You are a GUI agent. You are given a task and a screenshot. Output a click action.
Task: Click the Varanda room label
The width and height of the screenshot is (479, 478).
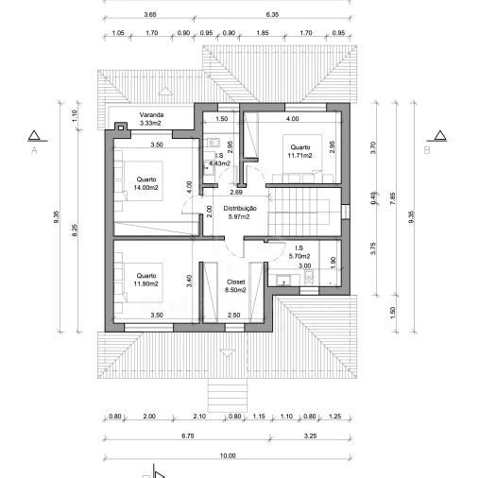[151, 115]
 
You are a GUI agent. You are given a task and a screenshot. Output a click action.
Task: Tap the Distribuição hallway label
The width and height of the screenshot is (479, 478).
[240, 209]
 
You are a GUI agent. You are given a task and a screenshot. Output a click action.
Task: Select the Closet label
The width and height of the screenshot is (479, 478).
[235, 282]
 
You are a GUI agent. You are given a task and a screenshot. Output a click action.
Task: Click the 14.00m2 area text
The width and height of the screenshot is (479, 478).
[145, 188]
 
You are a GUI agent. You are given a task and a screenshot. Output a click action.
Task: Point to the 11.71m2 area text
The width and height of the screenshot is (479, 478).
[299, 156]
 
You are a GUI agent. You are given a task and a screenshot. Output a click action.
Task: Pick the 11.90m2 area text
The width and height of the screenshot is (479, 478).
[145, 284]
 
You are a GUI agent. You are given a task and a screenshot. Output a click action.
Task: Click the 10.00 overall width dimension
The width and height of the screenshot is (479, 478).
[228, 455]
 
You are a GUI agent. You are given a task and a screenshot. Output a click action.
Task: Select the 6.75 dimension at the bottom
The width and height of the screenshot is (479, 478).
[188, 436]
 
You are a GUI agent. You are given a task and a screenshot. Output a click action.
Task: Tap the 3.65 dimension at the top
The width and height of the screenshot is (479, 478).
[150, 15]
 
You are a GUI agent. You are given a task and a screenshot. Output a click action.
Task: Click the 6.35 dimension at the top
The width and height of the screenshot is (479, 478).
[272, 15]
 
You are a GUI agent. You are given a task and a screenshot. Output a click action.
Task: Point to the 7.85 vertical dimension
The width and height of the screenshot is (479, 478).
[392, 198]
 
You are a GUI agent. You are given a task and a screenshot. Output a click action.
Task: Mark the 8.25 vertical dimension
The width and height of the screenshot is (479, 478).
[75, 230]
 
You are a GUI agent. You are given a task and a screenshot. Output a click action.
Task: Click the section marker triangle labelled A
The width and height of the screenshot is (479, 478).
[34, 136]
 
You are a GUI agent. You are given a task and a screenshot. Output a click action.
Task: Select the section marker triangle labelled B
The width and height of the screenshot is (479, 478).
[440, 136]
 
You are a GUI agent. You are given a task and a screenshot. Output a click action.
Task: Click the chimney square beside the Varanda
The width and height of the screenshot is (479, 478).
[121, 128]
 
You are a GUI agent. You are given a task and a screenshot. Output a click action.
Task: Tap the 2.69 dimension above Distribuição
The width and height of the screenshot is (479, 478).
[236, 193]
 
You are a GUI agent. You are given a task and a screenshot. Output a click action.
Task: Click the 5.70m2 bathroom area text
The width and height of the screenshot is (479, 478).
[299, 256]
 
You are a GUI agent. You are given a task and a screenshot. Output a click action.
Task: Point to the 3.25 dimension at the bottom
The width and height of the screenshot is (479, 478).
[310, 436]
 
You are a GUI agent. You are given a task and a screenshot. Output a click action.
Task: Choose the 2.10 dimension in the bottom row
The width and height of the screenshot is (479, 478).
[199, 417]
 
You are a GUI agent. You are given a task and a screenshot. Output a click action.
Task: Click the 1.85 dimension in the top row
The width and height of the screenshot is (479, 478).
[263, 33]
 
